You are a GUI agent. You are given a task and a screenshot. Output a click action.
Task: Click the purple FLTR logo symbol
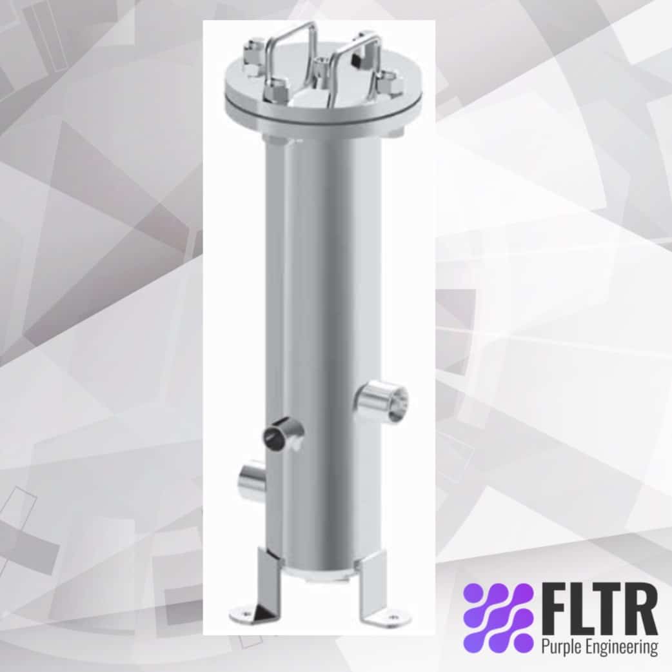tap(498, 617)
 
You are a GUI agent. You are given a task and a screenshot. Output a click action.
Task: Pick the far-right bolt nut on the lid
tap(390, 83)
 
